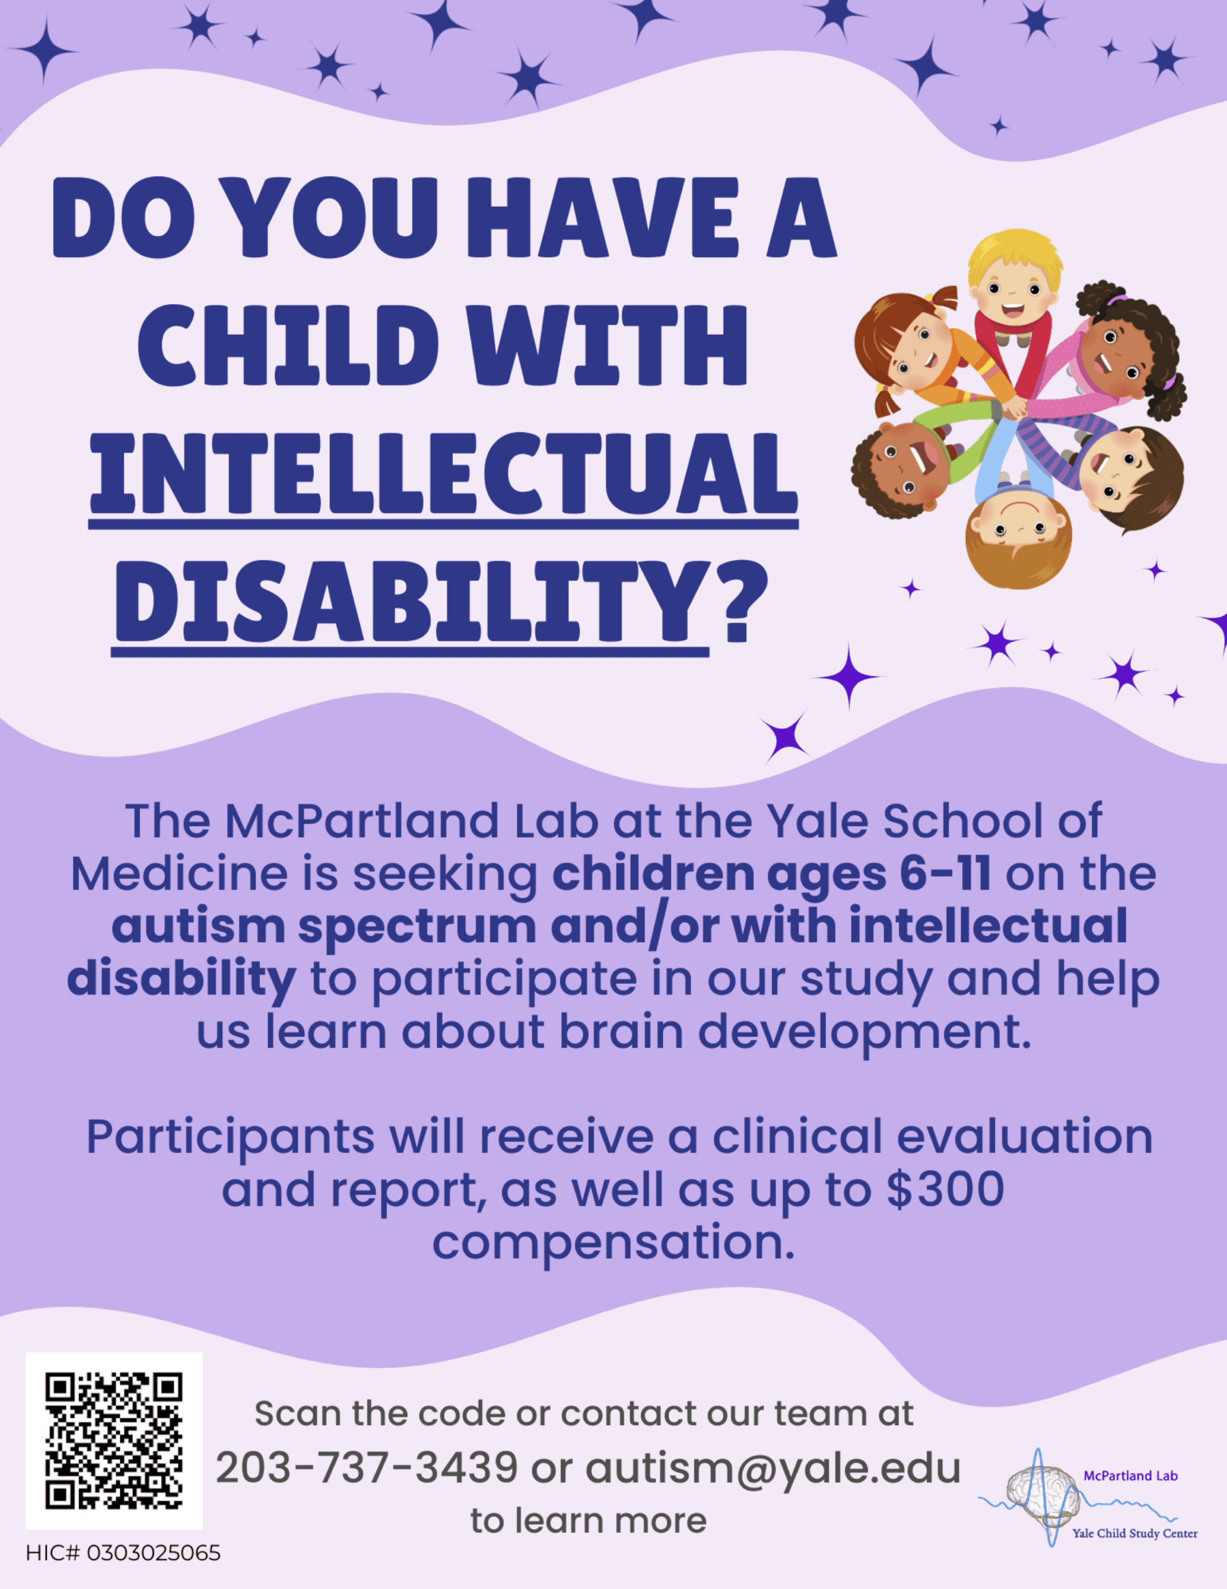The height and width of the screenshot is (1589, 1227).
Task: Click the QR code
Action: point(114,1440)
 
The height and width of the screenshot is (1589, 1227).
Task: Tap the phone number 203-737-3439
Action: point(367,1467)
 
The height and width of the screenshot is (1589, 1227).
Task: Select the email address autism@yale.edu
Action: point(773,1468)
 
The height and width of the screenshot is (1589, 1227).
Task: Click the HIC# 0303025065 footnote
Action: point(123,1554)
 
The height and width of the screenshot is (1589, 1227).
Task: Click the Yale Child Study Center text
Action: point(1135,1533)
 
